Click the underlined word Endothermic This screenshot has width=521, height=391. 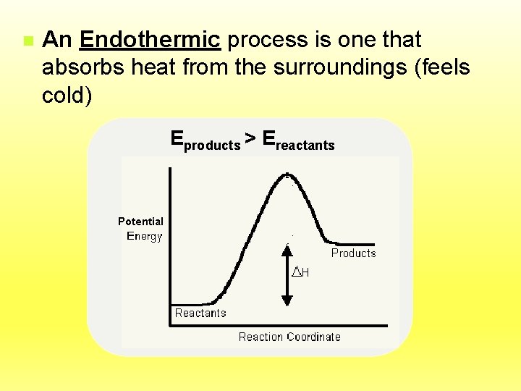151,40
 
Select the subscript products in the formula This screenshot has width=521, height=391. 213,146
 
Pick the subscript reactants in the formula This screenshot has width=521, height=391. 305,146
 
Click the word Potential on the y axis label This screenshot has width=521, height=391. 140,222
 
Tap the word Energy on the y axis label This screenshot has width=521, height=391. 145,236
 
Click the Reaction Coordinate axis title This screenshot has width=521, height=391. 289,337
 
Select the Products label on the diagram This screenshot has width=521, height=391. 353,253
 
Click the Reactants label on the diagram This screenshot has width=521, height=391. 200,314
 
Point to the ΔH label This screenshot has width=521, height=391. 301,272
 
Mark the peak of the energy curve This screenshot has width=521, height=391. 287,174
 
